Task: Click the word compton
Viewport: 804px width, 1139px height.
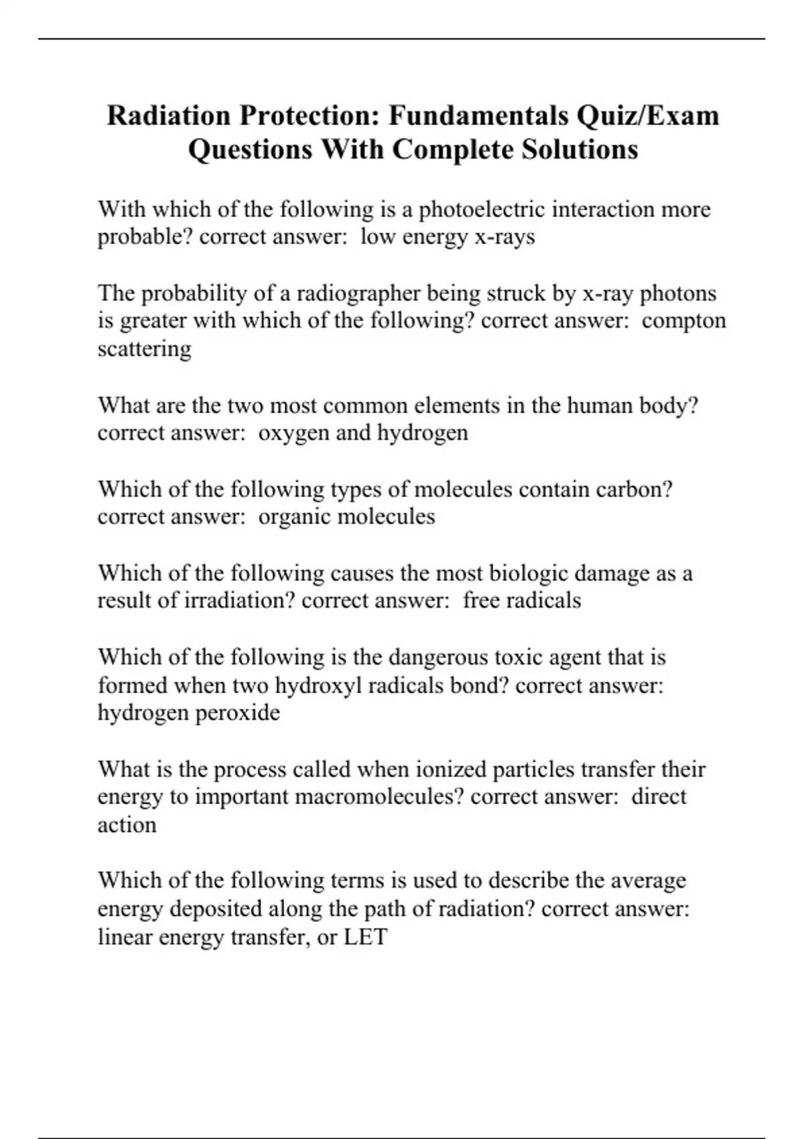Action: [x=683, y=321]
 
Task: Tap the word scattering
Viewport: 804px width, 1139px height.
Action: [x=144, y=349]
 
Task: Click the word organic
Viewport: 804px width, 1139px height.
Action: [x=294, y=517]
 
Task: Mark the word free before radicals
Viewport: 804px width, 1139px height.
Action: [x=481, y=600]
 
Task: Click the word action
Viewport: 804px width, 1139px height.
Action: [x=127, y=825]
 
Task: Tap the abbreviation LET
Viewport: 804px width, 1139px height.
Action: [x=366, y=937]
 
